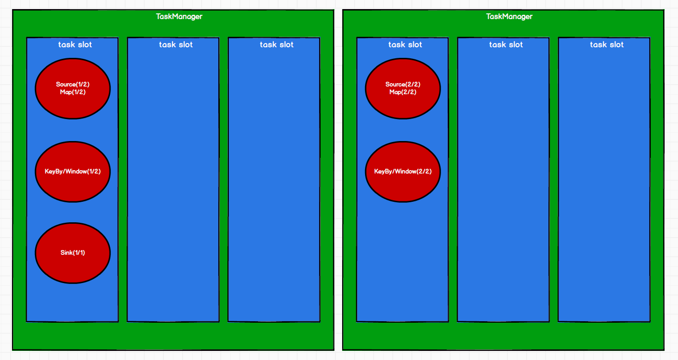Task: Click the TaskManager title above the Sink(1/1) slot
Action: tap(179, 17)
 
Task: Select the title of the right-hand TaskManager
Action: tap(509, 17)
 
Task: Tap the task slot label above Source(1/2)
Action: tap(75, 45)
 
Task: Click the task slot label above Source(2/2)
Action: tap(405, 45)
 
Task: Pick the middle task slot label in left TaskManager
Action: tap(176, 45)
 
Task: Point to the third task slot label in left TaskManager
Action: tap(277, 45)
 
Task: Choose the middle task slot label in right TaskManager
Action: tap(506, 45)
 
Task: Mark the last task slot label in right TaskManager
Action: tap(607, 45)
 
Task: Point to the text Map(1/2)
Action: tap(73, 92)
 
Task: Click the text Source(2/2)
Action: tap(403, 85)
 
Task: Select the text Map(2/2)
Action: tap(403, 92)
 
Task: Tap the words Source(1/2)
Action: tap(73, 85)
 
